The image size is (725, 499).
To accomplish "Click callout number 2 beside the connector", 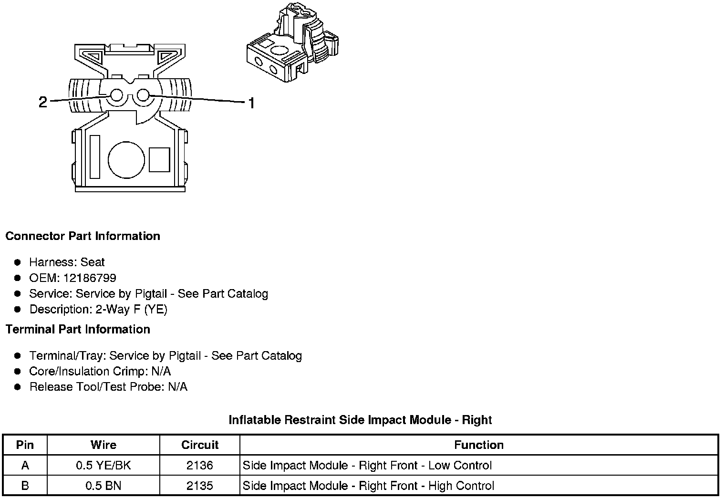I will tap(43, 102).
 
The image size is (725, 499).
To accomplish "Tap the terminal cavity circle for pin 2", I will tap(117, 96).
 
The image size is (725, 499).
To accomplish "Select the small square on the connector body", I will tap(159, 159).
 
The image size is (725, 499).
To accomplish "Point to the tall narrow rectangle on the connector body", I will tap(94, 157).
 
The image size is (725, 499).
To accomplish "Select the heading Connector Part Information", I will tap(83, 236).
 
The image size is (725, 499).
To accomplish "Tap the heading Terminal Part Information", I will tap(78, 330).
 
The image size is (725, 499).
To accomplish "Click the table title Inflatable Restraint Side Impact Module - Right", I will tap(360, 420).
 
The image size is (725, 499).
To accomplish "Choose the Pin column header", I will tap(25, 445).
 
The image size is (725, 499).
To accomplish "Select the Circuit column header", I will tap(200, 445).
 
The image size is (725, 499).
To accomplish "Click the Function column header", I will tap(479, 445).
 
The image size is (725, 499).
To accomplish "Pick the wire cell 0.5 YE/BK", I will tap(103, 466).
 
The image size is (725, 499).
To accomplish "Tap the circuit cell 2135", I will tap(200, 486).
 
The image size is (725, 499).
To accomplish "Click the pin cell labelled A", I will tap(25, 466).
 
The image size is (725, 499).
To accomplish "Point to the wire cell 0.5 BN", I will tap(103, 486).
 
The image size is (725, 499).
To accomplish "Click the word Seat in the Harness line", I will tap(93, 262).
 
